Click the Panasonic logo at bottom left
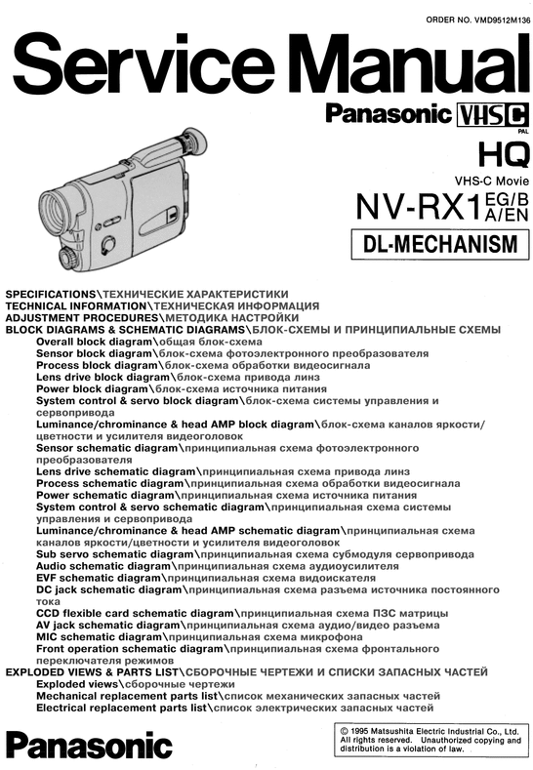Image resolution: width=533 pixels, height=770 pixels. tap(86, 746)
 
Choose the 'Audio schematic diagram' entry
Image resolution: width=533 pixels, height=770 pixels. tap(102, 565)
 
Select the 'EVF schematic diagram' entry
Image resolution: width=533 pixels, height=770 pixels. tap(101, 578)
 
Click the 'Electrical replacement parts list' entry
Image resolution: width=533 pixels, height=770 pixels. tap(124, 708)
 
